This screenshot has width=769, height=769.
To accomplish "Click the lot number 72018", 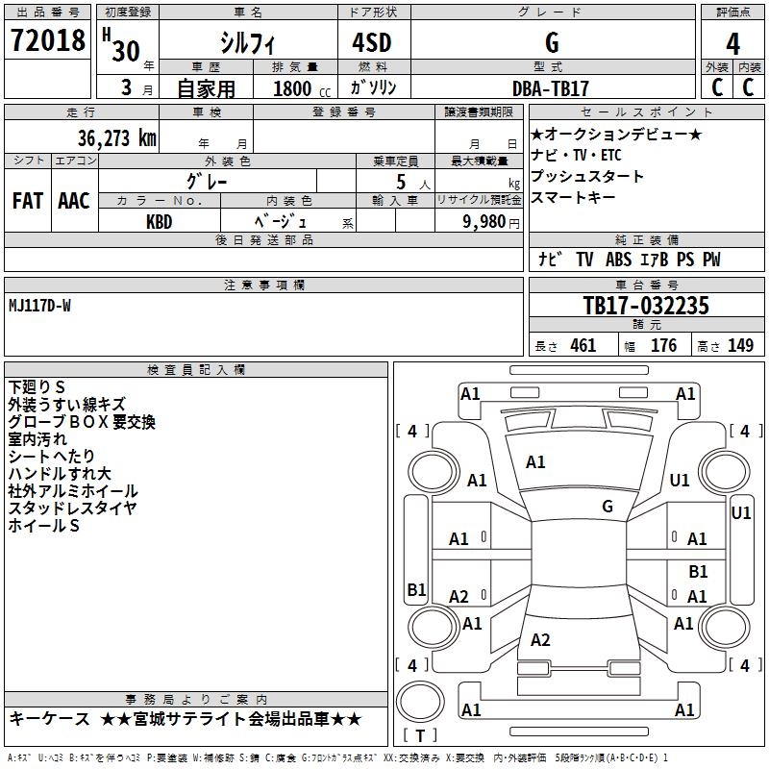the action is point(48,41).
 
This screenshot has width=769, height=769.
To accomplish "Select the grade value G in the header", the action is point(551,42).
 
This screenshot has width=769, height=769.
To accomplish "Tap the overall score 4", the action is point(732,44).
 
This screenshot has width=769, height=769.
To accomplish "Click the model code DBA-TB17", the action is point(550,87).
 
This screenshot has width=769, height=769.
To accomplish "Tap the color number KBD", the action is point(160,221).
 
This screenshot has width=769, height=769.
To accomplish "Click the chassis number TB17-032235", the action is point(646,306).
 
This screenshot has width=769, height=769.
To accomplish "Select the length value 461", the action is point(583,346).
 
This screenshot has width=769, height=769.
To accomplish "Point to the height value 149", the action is point(740,346).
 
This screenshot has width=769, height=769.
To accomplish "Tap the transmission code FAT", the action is point(27,200).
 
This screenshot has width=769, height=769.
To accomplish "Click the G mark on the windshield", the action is point(608,506).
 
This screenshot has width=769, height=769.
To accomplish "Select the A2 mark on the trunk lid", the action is point(540,640).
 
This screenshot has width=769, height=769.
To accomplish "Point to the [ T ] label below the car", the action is point(419,735).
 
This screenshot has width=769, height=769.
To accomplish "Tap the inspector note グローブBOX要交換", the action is point(82,422).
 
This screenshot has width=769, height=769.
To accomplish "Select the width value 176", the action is point(663,346).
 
